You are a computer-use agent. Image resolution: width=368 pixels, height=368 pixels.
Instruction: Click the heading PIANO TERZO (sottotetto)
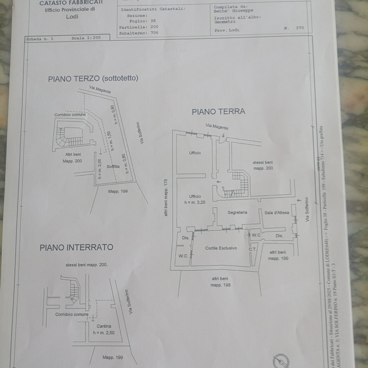coord(93,78)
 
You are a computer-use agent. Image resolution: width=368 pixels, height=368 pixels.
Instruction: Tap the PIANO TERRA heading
coord(218,112)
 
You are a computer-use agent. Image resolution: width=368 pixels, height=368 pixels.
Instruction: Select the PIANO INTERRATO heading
coord(76,247)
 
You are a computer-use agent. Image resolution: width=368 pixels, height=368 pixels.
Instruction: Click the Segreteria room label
coord(237,213)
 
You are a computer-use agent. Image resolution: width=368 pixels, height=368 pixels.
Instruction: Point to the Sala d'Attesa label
coord(276,213)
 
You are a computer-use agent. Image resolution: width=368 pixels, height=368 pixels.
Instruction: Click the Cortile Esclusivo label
coord(221,248)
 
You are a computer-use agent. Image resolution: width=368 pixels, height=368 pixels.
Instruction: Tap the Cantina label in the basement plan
coord(104,326)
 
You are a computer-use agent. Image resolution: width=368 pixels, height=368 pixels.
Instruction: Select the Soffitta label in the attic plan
coord(113,167)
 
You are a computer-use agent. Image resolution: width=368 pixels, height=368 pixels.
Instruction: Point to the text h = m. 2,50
coord(104,333)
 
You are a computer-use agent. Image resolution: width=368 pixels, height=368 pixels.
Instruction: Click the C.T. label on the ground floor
coord(252,249)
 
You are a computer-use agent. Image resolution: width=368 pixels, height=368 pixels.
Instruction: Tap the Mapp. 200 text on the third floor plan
coord(72,161)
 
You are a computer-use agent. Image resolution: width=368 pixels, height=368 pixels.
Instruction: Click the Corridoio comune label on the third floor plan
coord(70,115)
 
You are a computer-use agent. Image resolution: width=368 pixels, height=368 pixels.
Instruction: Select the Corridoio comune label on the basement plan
coord(72,314)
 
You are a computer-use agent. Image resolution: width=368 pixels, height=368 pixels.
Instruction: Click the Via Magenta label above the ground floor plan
coord(217,126)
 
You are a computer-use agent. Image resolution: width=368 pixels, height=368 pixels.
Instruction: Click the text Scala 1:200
coord(86,38)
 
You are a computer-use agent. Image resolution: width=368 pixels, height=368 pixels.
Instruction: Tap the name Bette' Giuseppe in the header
coord(233,10)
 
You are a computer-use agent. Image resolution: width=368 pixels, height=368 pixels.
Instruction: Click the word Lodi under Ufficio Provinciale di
coord(72,17)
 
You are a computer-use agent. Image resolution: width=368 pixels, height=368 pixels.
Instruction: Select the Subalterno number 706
coord(154,33)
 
